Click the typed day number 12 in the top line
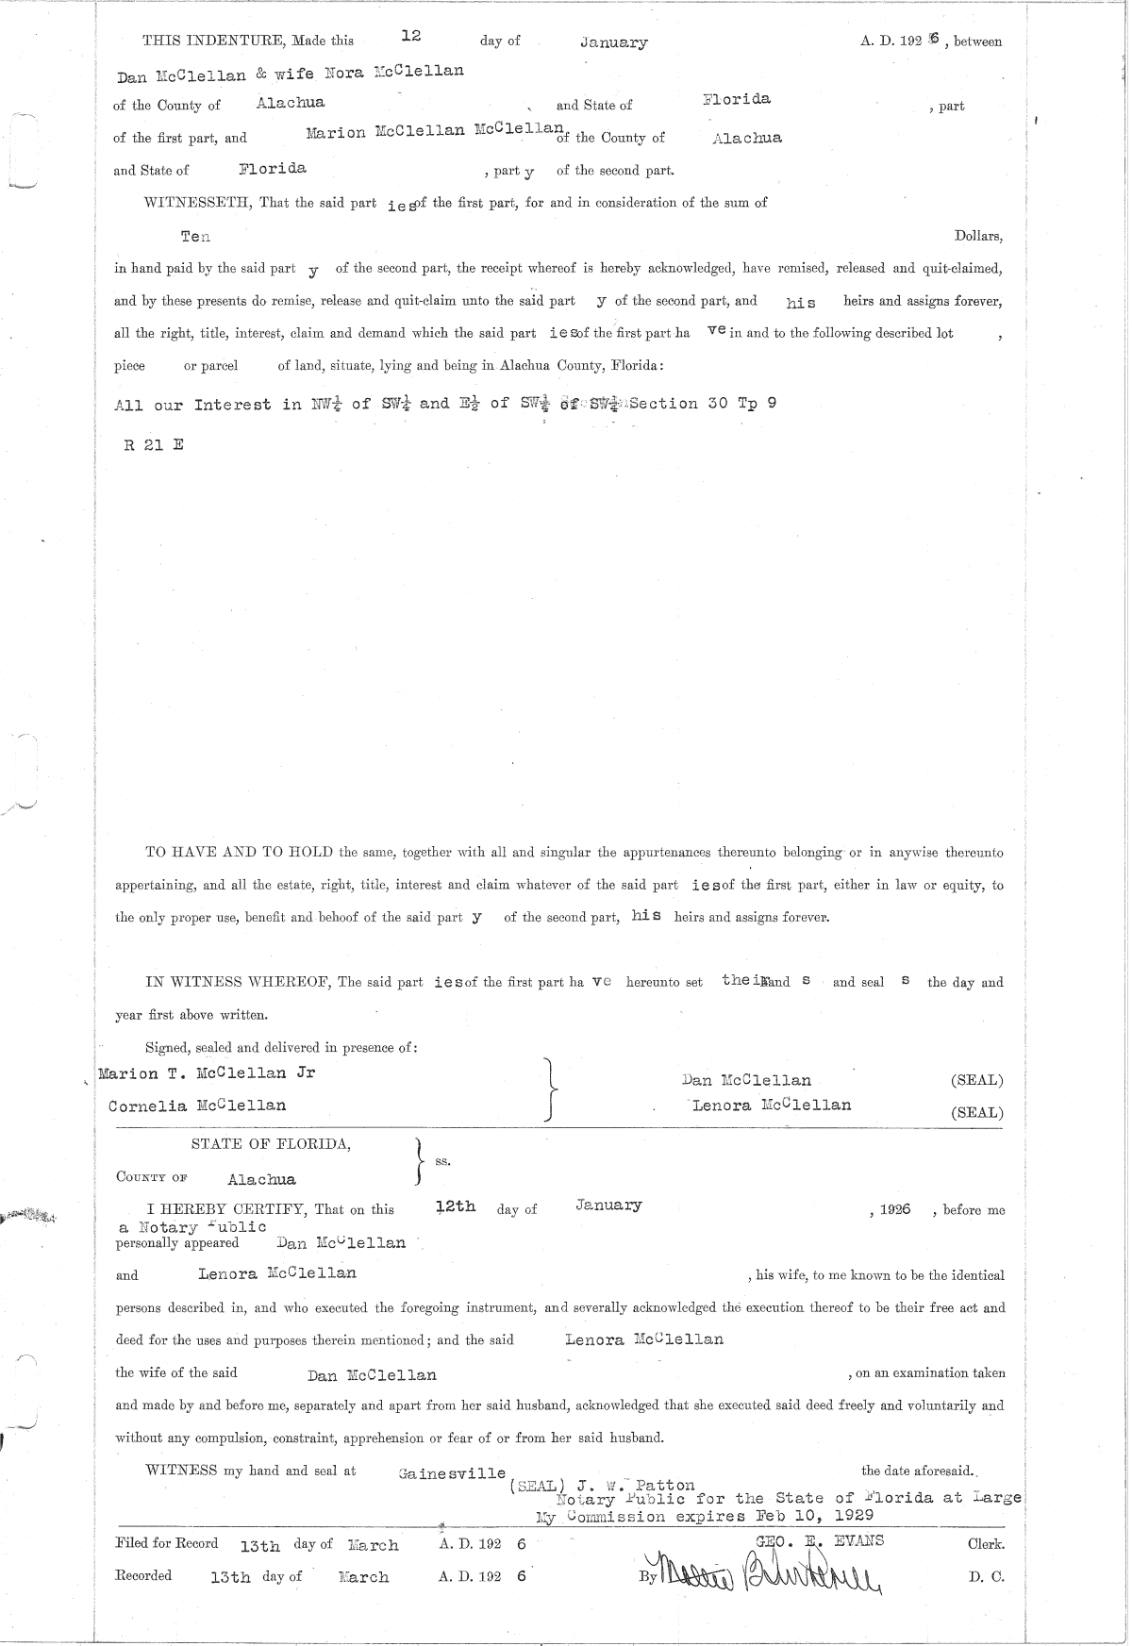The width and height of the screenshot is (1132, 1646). [x=410, y=35]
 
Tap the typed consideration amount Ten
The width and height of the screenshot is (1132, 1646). [x=195, y=236]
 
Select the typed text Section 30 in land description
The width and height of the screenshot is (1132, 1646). [x=663, y=404]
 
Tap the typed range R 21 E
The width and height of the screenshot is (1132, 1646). [x=154, y=444]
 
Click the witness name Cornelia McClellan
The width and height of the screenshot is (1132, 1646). [x=197, y=1106]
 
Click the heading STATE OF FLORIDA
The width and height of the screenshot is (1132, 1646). [x=272, y=1144]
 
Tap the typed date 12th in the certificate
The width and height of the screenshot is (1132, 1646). [x=456, y=1206]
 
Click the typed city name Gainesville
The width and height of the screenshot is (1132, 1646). [x=452, y=1473]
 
